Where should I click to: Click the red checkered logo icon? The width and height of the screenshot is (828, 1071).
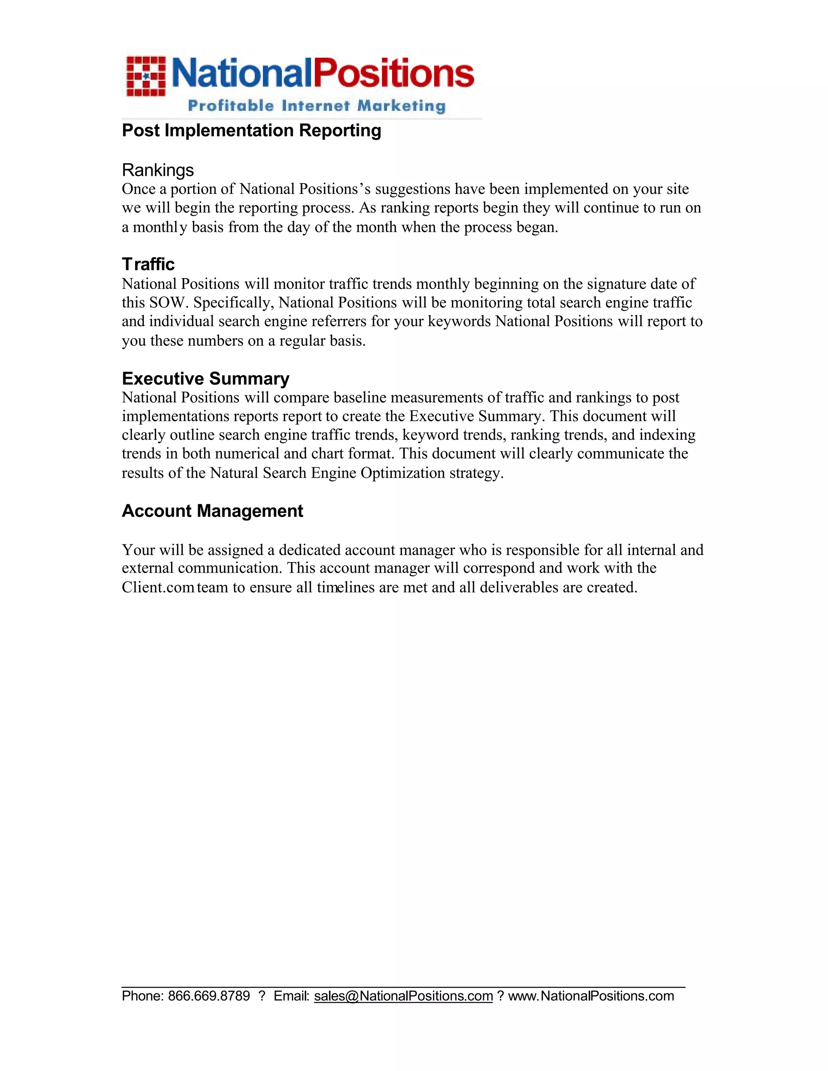tap(146, 76)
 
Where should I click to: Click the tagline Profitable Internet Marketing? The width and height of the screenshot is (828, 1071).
tap(317, 105)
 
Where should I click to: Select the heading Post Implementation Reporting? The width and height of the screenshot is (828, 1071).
tap(251, 131)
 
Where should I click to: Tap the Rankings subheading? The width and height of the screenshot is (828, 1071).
tap(157, 170)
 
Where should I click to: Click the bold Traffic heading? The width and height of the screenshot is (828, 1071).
tap(148, 264)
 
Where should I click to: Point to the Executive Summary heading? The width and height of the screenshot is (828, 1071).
tap(205, 379)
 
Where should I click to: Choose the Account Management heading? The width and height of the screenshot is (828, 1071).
tap(212, 511)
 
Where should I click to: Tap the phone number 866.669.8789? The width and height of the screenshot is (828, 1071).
tap(209, 996)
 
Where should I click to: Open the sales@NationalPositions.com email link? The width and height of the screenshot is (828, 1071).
tap(403, 996)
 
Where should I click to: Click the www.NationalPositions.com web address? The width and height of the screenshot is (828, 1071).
tap(591, 996)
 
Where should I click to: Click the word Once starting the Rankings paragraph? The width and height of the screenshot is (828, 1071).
tap(138, 189)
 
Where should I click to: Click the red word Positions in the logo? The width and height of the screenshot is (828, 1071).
tap(393, 74)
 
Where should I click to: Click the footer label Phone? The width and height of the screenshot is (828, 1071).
tap(142, 996)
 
